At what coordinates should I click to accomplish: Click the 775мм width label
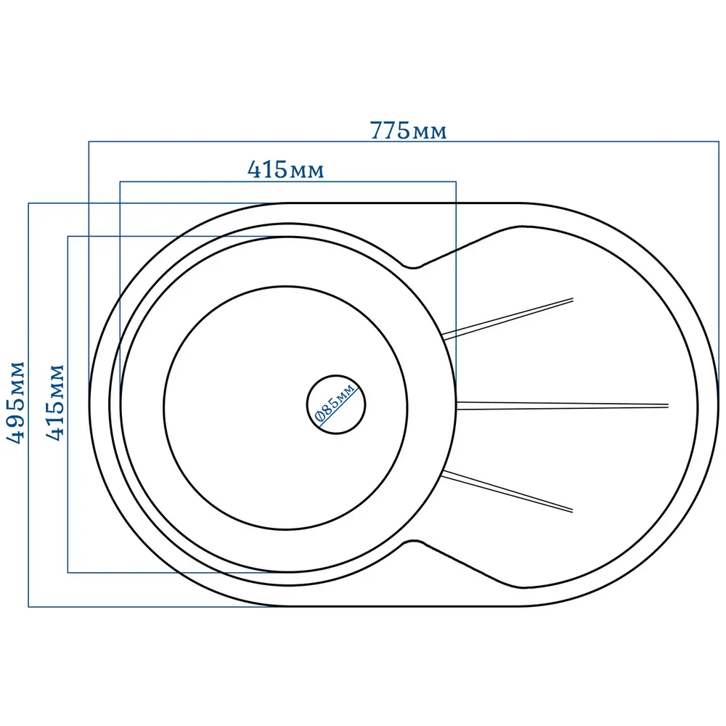coord(408,131)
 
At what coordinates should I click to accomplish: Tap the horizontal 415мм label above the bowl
coord(285,170)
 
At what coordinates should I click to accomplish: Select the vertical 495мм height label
coord(15,402)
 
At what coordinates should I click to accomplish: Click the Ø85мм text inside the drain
coord(335,402)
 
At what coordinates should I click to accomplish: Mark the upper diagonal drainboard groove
coord(508,319)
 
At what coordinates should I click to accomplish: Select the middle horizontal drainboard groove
coord(562,406)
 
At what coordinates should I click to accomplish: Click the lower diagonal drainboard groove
coord(507,492)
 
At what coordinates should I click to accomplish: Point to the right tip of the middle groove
coord(669,406)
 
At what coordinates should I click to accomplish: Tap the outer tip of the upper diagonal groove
coord(573,299)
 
